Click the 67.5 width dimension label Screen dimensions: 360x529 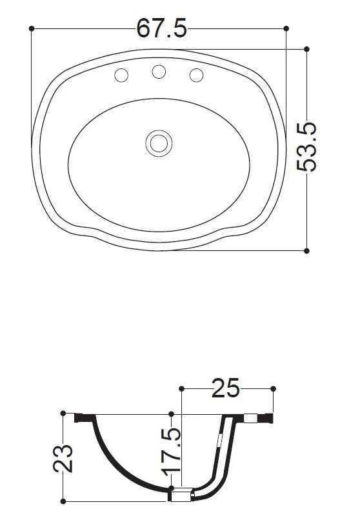(x=161, y=28)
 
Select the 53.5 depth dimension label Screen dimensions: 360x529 (x=306, y=147)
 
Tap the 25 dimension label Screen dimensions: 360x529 (x=225, y=388)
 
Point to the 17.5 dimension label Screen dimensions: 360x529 (x=173, y=452)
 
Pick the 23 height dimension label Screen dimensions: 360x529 (x=63, y=459)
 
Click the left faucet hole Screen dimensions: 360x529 (x=121, y=75)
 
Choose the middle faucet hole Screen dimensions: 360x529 (x=159, y=72)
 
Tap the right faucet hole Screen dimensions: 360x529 (x=196, y=75)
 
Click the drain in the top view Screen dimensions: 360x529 (x=159, y=143)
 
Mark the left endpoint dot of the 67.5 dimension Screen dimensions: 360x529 (x=32, y=28)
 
